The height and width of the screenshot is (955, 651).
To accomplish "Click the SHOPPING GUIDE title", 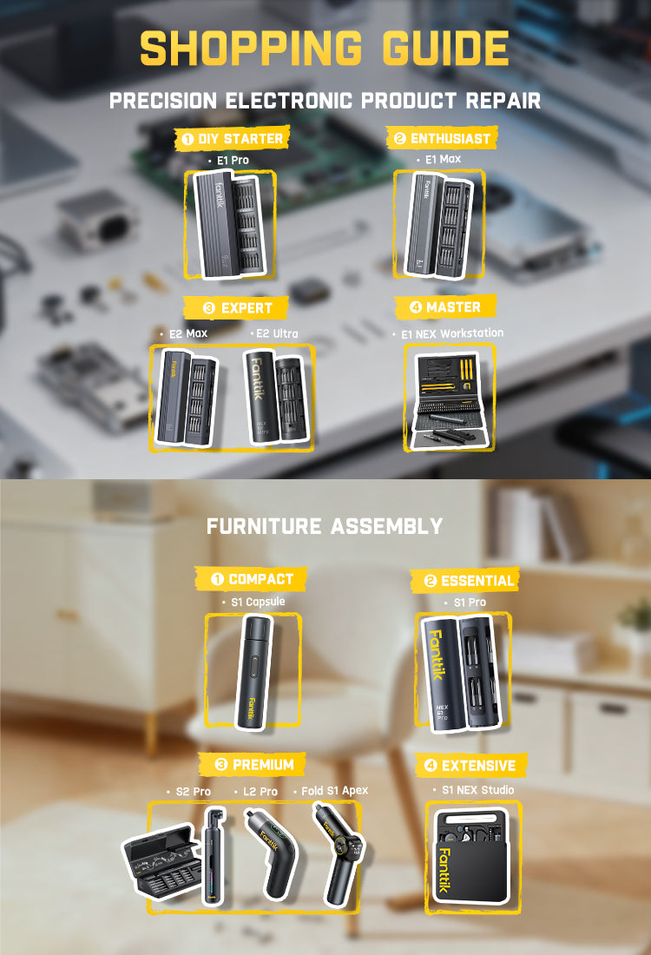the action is (x=325, y=48).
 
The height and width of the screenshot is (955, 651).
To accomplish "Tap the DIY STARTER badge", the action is (x=232, y=139).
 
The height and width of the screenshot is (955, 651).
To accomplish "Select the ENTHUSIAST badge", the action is (x=442, y=138).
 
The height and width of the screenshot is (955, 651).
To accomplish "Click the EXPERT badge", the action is (x=236, y=308).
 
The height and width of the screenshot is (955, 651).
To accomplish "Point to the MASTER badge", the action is (x=445, y=307).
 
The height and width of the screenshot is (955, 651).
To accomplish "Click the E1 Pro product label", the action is (x=233, y=161).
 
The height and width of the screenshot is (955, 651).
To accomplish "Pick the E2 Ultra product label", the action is (x=277, y=333).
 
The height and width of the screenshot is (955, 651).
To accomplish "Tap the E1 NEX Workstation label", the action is (x=452, y=333).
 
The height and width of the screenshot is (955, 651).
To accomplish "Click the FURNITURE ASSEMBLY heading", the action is (x=325, y=525).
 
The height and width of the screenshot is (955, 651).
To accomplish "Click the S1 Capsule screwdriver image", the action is (x=254, y=670).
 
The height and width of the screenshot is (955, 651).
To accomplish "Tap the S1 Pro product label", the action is (x=470, y=603).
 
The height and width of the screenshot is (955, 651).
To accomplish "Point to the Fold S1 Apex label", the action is (x=334, y=791).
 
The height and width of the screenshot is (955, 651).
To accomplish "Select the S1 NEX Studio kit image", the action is (x=472, y=859).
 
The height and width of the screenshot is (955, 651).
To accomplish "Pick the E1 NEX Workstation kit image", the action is (x=450, y=400).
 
